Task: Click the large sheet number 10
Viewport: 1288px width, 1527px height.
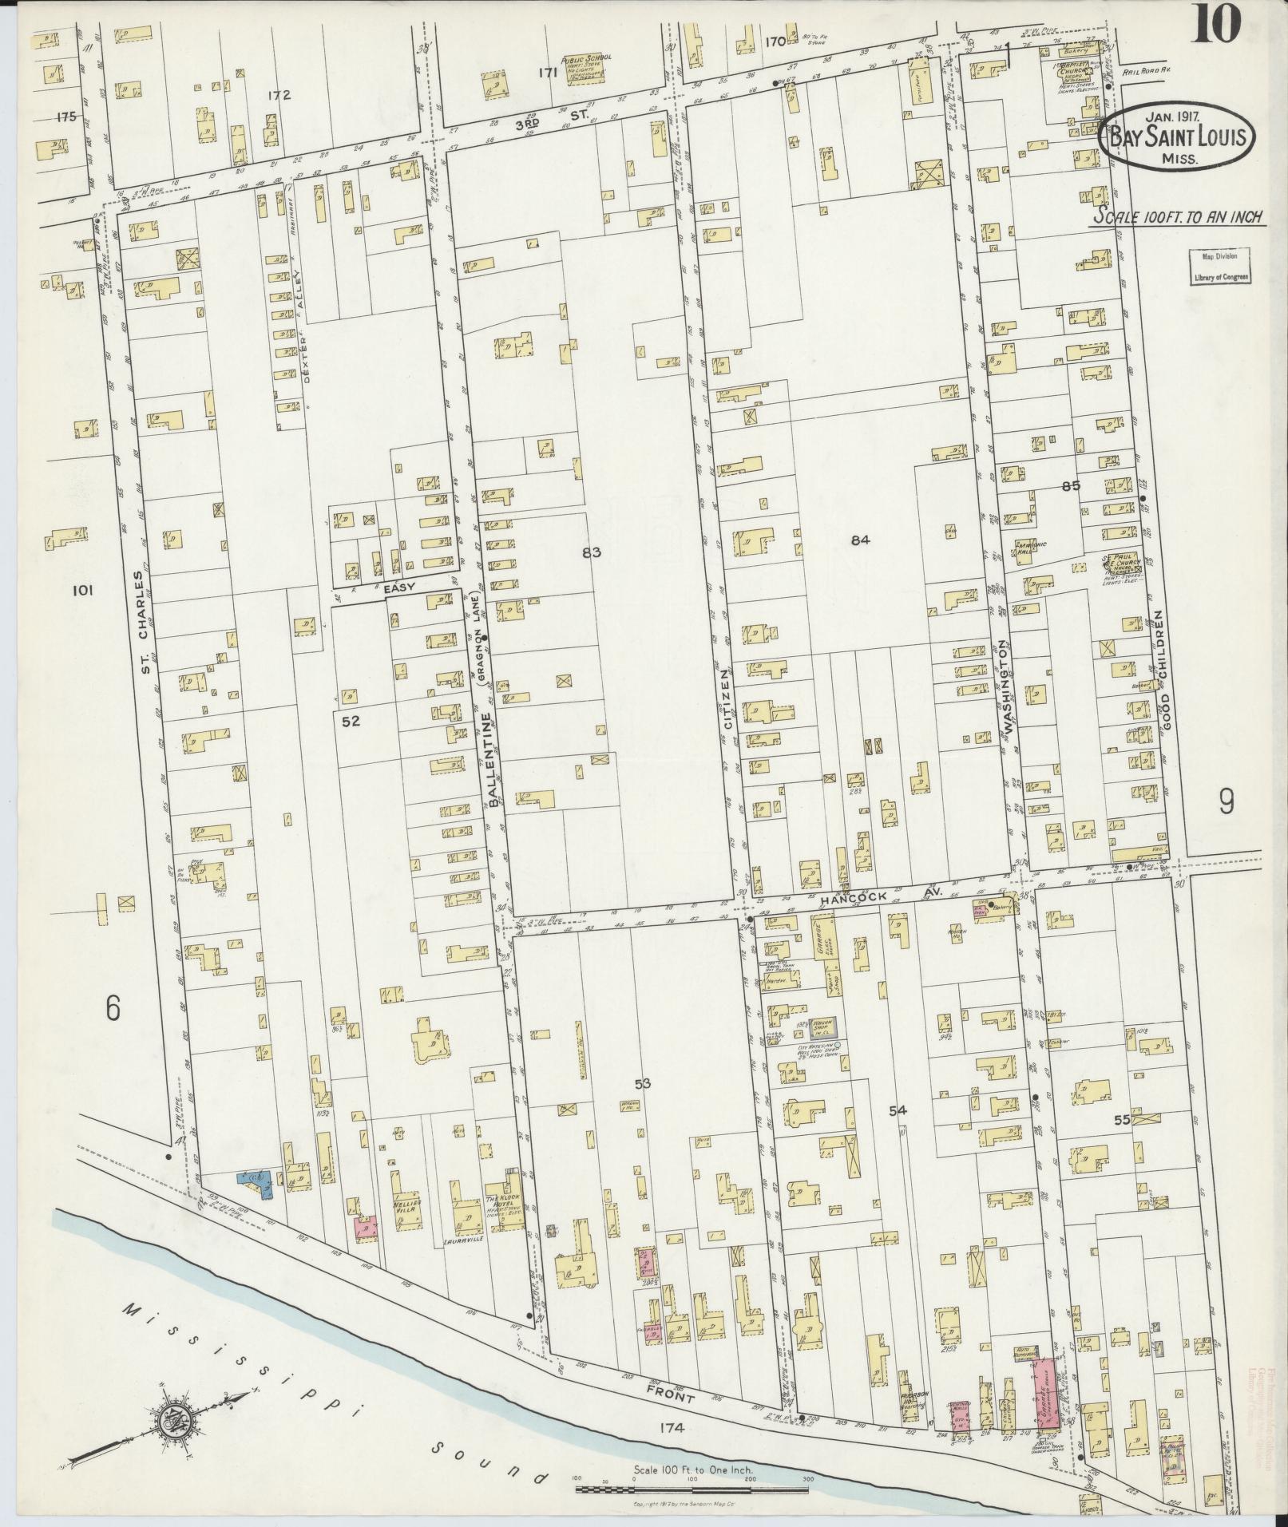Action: coord(1217,22)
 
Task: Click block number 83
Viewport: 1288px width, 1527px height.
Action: coord(591,552)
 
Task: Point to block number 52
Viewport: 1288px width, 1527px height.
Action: coord(351,721)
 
